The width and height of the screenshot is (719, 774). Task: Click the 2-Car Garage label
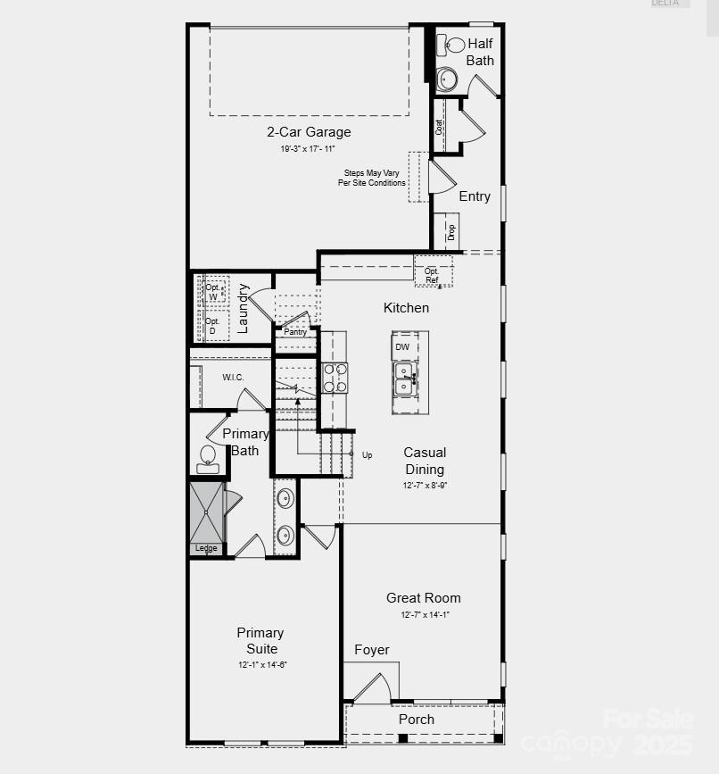309,132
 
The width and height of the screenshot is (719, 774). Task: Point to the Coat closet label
439,127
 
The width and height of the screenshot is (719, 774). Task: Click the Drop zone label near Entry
451,232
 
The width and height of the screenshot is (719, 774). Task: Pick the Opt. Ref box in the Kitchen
433,275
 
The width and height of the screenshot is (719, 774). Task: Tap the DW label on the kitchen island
402,346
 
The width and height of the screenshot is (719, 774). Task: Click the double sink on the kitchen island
404,379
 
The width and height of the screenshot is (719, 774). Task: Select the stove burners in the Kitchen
335,378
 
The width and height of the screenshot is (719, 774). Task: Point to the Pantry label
295,332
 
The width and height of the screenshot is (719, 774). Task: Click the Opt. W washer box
213,292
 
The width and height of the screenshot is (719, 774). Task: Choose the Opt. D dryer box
212,325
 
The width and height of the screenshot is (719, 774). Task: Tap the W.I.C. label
233,378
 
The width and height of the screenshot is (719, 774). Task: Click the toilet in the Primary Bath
207,457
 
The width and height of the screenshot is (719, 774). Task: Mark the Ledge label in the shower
206,548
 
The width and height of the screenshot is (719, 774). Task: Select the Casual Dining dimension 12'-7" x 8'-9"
425,486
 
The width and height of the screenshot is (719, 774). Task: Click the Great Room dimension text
425,615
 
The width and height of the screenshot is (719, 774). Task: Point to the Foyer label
372,650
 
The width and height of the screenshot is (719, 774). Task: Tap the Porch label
417,719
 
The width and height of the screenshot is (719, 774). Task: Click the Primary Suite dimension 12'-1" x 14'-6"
262,665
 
